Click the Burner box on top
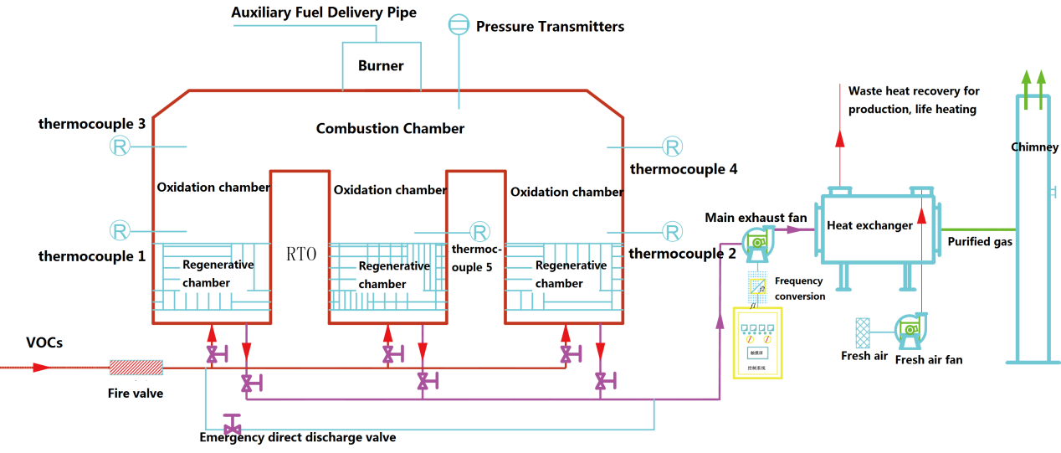(x=381, y=65)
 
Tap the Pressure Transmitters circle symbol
(x=458, y=25)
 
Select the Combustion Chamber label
(x=390, y=128)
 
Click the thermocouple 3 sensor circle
(x=120, y=147)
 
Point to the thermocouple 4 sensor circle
(x=672, y=147)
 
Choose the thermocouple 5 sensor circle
(x=479, y=231)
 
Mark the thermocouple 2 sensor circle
(x=672, y=231)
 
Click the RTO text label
(x=301, y=254)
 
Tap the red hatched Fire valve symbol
(x=136, y=368)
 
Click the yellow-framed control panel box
(x=756, y=343)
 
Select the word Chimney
(x=1034, y=147)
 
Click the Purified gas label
(x=979, y=242)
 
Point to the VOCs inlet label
(x=44, y=342)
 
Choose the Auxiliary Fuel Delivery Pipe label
(x=324, y=13)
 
